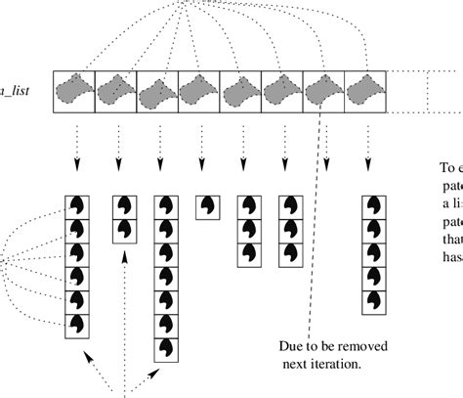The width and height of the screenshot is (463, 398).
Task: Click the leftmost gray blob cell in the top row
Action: tap(73, 91)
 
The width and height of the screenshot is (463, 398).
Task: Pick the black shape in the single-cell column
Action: tap(205, 206)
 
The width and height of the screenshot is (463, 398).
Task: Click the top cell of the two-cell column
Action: tap(123, 206)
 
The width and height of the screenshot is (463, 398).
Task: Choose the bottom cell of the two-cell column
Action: tap(123, 230)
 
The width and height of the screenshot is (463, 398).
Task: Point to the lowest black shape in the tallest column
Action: tap(164, 347)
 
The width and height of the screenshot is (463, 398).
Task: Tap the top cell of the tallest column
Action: tap(164, 206)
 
